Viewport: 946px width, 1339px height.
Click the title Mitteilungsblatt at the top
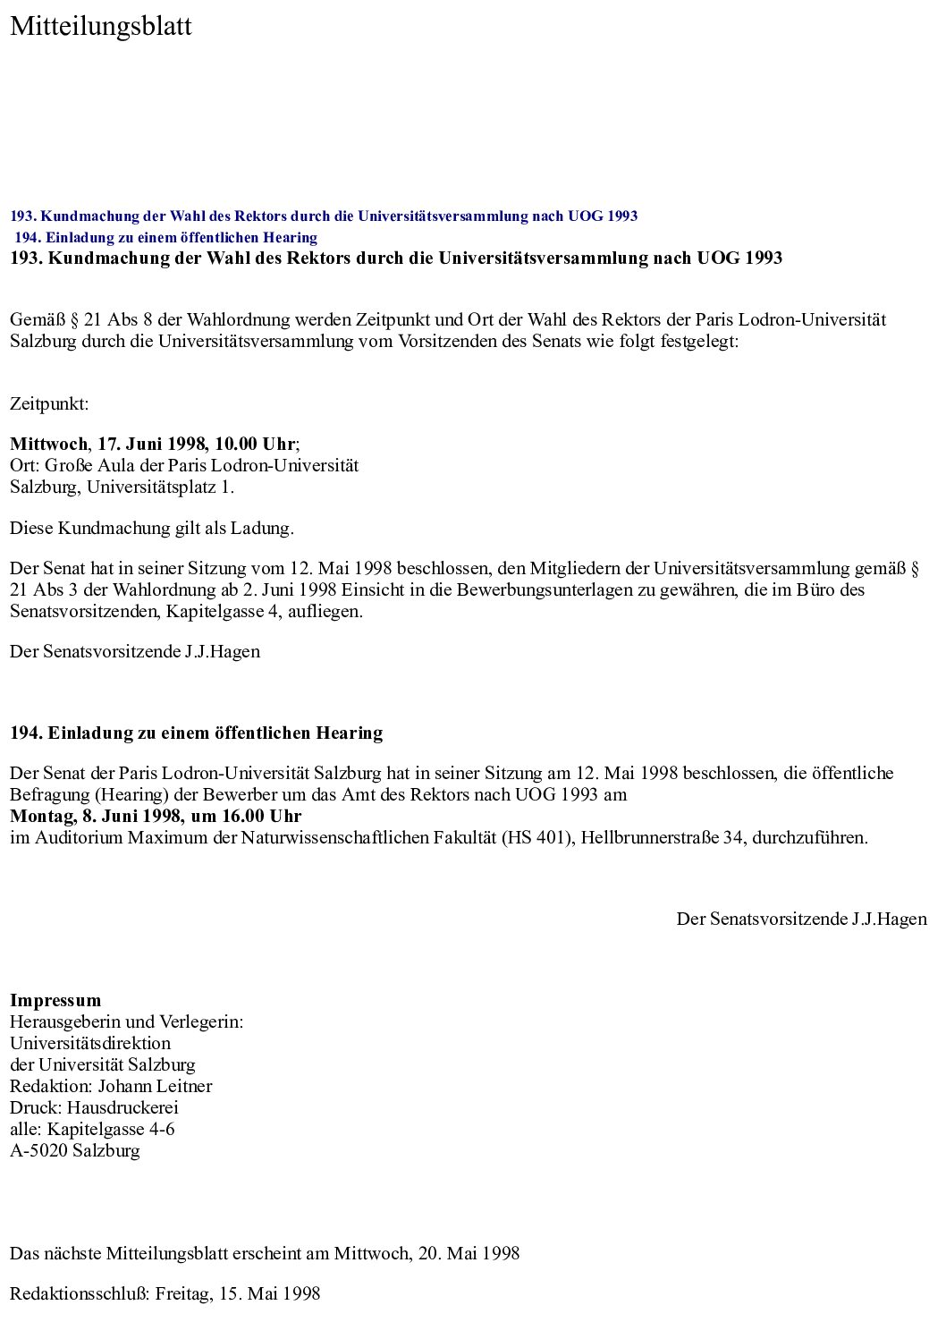100,27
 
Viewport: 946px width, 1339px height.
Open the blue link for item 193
324,216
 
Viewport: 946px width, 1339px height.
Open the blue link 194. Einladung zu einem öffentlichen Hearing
165,238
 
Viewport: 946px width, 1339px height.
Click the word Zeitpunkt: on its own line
49,404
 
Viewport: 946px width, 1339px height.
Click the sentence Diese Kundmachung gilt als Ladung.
152,529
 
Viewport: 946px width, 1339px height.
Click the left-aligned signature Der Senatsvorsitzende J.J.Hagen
135,652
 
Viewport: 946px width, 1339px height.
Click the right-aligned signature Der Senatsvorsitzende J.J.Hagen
801,920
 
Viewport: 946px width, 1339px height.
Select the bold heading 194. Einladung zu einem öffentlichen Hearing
197,733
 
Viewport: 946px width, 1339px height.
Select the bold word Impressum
55,1001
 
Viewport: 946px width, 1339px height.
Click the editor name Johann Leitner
155,1087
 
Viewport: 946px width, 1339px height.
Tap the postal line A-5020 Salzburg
75,1151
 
